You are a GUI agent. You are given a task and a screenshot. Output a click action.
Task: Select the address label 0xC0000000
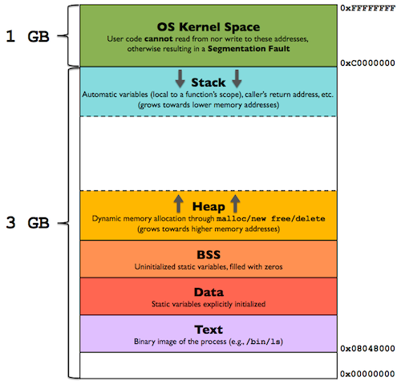pyautogui.click(x=368, y=61)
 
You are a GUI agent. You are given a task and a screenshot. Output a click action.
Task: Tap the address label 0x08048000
pyautogui.click(x=368, y=348)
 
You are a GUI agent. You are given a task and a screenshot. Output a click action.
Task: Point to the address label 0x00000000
pyautogui.click(x=368, y=374)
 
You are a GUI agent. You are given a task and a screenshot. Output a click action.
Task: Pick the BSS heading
pyautogui.click(x=208, y=253)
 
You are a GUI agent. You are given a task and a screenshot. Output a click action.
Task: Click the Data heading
pyautogui.click(x=208, y=291)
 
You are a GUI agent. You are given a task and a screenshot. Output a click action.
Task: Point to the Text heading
pyautogui.click(x=208, y=329)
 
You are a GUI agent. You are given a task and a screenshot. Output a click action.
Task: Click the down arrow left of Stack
pyautogui.click(x=180, y=79)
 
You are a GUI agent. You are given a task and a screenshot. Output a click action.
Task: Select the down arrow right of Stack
pyautogui.click(x=237, y=79)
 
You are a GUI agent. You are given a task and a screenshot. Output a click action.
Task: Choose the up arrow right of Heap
pyautogui.click(x=235, y=203)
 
